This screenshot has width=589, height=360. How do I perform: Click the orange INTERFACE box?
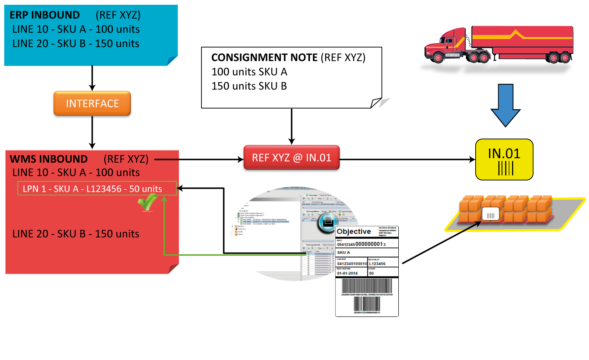click(x=92, y=103)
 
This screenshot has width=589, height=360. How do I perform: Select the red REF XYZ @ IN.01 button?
click(x=291, y=158)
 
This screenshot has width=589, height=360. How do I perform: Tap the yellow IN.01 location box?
click(x=504, y=159)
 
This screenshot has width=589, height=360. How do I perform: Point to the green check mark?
click(x=148, y=202)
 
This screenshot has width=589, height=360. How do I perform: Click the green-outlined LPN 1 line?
click(x=97, y=188)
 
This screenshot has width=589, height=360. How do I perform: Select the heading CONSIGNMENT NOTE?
click(x=264, y=57)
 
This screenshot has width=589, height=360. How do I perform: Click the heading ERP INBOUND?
click(x=45, y=15)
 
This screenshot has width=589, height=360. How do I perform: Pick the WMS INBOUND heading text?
click(x=49, y=159)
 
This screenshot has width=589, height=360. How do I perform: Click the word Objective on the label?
click(x=354, y=232)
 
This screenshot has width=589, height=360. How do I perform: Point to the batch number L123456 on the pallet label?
click(x=377, y=264)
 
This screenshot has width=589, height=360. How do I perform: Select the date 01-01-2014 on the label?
click(x=347, y=273)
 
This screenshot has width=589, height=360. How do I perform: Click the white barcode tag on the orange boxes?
click(x=490, y=214)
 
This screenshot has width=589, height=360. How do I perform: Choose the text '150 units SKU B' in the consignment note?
click(x=249, y=86)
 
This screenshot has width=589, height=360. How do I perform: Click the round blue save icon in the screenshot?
click(x=327, y=222)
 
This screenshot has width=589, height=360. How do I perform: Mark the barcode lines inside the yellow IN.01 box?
click(x=505, y=169)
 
